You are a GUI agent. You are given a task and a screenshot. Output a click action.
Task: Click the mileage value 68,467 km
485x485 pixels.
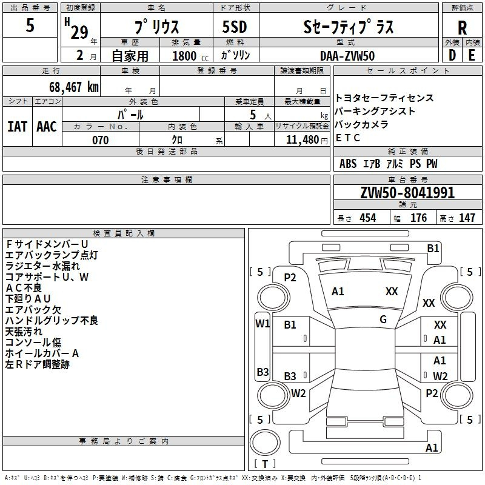[74, 87]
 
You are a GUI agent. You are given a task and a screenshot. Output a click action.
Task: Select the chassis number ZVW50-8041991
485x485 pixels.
[407, 193]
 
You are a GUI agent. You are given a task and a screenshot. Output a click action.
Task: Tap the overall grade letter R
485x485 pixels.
[462, 27]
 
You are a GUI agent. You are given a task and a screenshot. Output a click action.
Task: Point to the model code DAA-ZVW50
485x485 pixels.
[347, 56]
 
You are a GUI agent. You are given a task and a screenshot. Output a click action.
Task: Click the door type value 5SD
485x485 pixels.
[235, 27]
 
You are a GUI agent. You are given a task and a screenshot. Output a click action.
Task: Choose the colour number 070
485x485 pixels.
[101, 140]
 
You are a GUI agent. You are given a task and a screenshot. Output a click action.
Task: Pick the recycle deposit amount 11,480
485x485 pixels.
[303, 140]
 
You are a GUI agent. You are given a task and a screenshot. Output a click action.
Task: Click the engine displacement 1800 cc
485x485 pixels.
[190, 56]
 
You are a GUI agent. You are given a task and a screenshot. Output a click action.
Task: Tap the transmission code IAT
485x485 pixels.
[17, 127]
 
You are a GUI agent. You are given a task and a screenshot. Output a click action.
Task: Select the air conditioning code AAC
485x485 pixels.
[47, 127]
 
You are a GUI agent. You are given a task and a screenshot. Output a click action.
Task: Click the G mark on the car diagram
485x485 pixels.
[383, 319]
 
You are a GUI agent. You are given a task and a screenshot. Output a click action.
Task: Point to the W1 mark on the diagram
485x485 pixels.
[263, 324]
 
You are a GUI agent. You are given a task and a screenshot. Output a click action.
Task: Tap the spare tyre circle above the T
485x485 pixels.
[265, 443]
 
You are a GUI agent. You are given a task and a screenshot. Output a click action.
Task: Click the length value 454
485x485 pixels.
[368, 218]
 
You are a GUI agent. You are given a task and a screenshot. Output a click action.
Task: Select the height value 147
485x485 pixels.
[467, 218]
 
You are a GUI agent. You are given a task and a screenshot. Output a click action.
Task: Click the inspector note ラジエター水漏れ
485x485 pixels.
[42, 266]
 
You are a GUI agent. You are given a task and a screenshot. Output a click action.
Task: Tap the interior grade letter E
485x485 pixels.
[472, 55]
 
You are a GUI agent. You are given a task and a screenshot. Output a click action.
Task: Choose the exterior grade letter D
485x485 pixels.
[452, 55]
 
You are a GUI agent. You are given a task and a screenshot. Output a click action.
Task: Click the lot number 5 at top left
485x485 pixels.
[30, 25]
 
